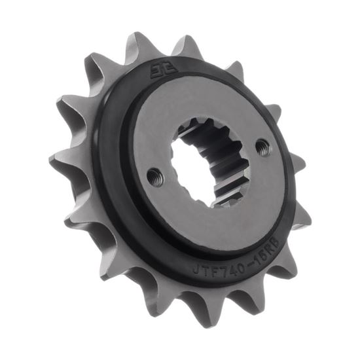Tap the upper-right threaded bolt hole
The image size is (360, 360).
(263, 149)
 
